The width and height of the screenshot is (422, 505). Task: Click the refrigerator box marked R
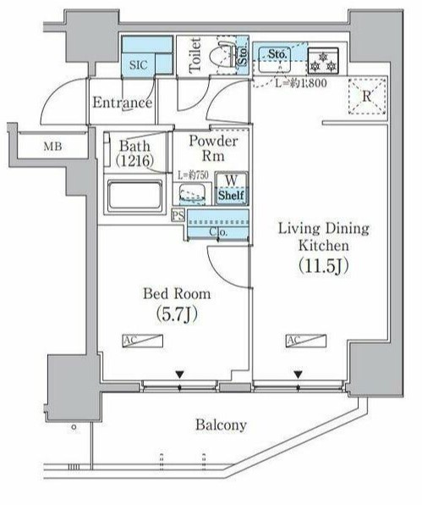[366, 96]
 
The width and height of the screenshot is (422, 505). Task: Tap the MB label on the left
[53, 147]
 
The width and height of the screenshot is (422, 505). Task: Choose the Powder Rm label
[212, 148]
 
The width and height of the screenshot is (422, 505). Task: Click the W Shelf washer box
[231, 188]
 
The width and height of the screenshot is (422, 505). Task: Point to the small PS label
[178, 215]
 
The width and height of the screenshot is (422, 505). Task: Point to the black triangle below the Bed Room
[179, 374]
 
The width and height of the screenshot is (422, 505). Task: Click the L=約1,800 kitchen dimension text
[289, 83]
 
